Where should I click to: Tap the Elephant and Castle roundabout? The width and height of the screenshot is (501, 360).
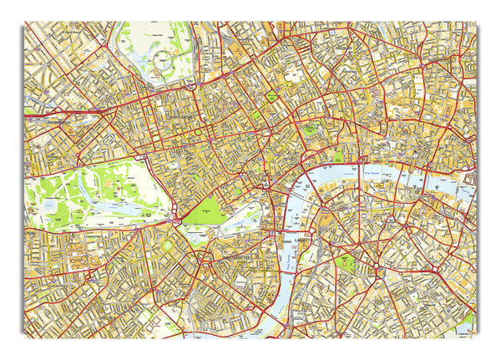point(377,268)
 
